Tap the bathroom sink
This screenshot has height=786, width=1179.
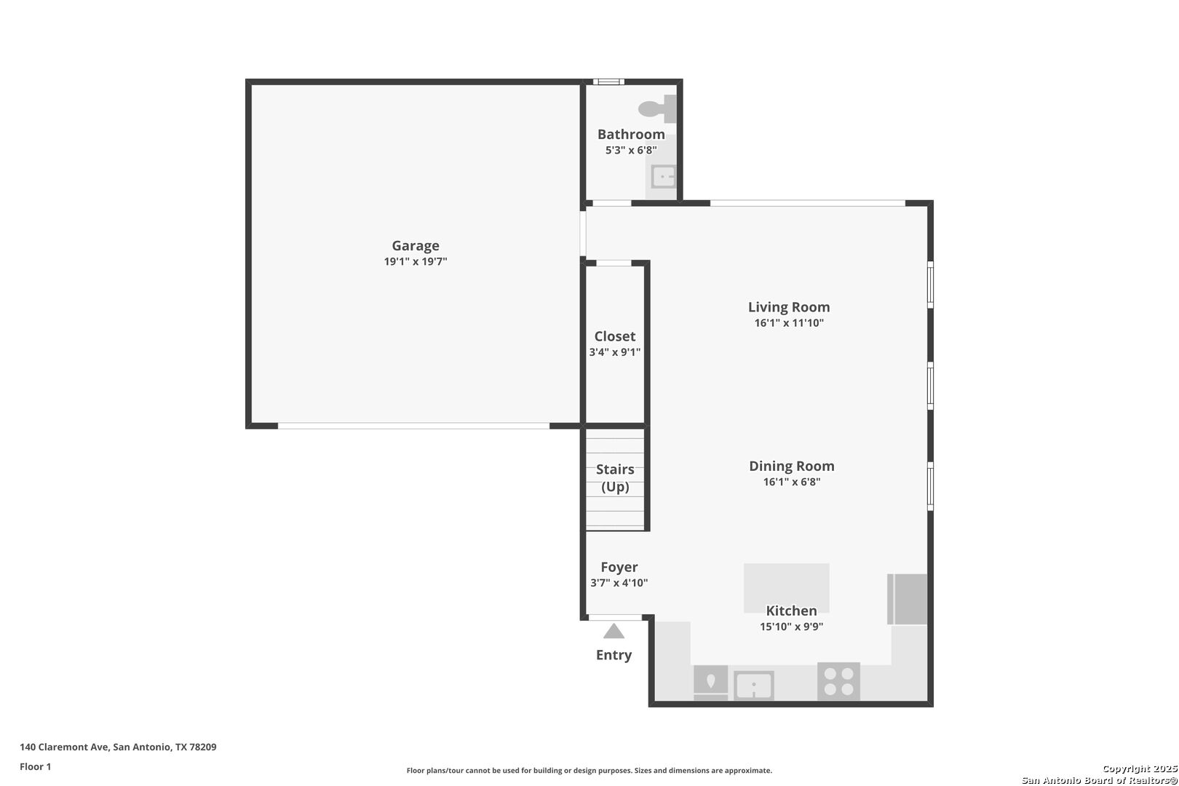click(x=663, y=176)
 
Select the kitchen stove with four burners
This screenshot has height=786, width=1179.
click(x=838, y=681)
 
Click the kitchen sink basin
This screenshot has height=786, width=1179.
click(x=754, y=686)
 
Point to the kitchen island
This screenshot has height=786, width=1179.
click(x=786, y=588)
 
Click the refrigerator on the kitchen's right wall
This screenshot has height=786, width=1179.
click(x=907, y=599)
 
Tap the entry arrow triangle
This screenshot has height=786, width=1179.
click(x=614, y=631)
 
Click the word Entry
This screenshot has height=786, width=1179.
click(x=614, y=655)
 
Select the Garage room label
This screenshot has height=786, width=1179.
click(x=416, y=246)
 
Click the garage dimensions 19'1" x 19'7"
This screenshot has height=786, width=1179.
click(x=416, y=261)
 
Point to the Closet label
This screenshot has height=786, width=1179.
click(x=615, y=336)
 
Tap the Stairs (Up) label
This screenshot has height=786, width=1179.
click(x=615, y=477)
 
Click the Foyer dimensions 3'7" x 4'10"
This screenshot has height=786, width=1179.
click(x=619, y=583)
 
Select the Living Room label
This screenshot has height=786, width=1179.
click(x=789, y=307)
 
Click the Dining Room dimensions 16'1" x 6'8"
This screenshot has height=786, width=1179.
click(x=792, y=482)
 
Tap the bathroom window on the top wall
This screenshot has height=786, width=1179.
click(x=608, y=82)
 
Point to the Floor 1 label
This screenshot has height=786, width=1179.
click(x=35, y=766)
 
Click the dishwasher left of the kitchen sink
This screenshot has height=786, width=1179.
click(x=710, y=683)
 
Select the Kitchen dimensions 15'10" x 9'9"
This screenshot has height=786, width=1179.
click(x=791, y=627)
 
